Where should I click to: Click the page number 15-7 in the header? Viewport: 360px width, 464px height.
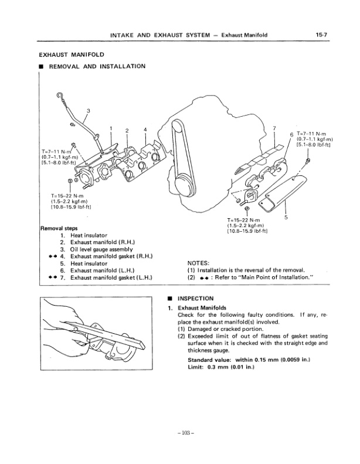click(x=321, y=35)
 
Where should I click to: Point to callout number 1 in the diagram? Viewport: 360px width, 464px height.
click(x=110, y=128)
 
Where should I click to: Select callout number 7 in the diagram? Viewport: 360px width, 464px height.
click(x=274, y=127)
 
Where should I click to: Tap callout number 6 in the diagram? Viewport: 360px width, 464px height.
click(x=292, y=134)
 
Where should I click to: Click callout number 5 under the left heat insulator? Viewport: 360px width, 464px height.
click(x=286, y=218)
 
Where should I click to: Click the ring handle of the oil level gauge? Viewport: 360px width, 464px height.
click(x=59, y=95)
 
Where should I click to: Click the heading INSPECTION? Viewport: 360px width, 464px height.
click(x=198, y=299)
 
